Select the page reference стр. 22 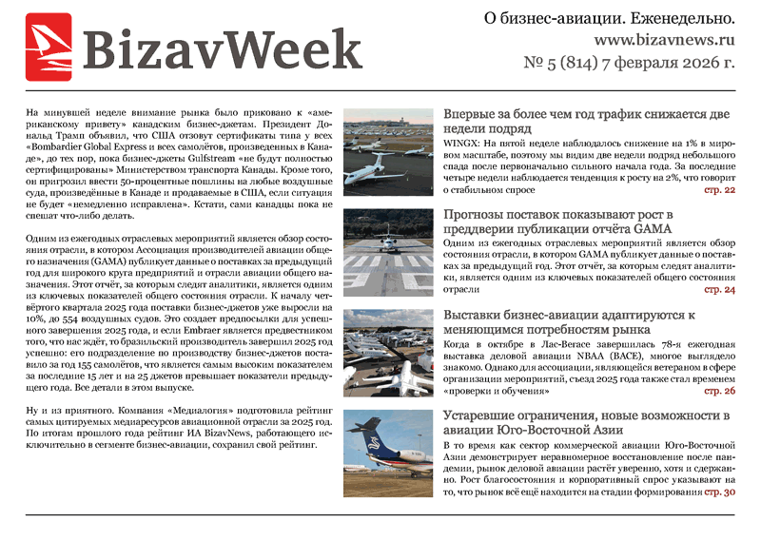coord(719,190)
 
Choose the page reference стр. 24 coord(719,289)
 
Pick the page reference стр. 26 coord(719,391)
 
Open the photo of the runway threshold coord(387,251)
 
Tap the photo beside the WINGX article coord(387,150)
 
